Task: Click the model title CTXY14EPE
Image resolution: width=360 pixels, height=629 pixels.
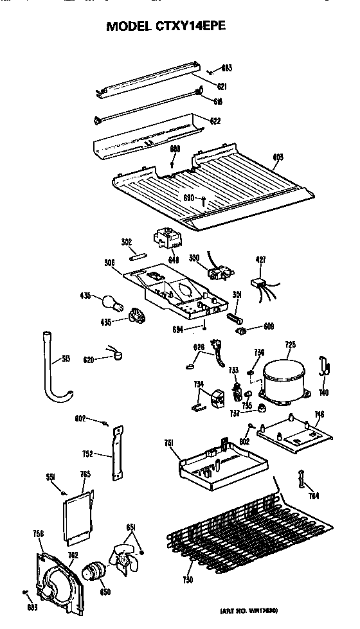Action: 166,26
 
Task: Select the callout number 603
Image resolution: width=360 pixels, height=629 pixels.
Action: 278,156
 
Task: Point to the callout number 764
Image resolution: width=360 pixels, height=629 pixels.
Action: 314,495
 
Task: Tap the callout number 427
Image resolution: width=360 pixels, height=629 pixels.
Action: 260,260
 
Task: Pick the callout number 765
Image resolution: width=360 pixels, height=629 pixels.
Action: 85,474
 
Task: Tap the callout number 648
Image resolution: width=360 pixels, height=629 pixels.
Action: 173,260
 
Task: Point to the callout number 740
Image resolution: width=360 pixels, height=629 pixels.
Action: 323,392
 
